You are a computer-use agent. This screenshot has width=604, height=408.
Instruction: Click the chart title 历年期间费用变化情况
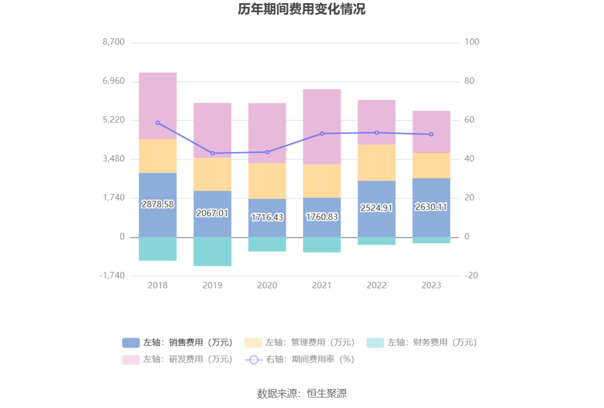tap(301, 9)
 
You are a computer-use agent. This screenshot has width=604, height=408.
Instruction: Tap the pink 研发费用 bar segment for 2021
tap(321, 127)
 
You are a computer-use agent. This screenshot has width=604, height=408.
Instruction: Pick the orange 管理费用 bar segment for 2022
tap(376, 162)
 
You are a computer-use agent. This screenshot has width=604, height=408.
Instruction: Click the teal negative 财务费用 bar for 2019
tap(212, 251)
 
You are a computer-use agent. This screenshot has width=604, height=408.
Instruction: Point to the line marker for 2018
tap(158, 123)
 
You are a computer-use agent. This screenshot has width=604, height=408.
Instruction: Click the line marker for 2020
tap(267, 152)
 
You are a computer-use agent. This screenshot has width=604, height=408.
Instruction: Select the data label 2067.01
tap(212, 213)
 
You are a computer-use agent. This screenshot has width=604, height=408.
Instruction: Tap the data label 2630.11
tap(431, 207)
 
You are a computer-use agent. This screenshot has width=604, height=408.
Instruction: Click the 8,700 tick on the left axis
tap(114, 42)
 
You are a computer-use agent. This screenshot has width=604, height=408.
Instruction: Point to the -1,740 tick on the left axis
tap(112, 276)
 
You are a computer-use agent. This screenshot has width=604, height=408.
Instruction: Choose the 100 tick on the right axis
tap(472, 42)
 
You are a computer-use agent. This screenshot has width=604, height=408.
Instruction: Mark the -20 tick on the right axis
tap(472, 276)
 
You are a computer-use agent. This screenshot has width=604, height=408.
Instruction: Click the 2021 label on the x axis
tap(321, 285)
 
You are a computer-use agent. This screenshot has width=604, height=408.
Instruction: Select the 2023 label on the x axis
tap(431, 285)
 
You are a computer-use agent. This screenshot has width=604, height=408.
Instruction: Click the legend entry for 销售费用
tap(177, 343)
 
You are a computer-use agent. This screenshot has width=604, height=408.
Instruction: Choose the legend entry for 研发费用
tap(177, 360)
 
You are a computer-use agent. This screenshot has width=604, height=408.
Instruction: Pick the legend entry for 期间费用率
tap(300, 360)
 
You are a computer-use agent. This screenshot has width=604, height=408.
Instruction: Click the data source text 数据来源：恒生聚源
tap(301, 393)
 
